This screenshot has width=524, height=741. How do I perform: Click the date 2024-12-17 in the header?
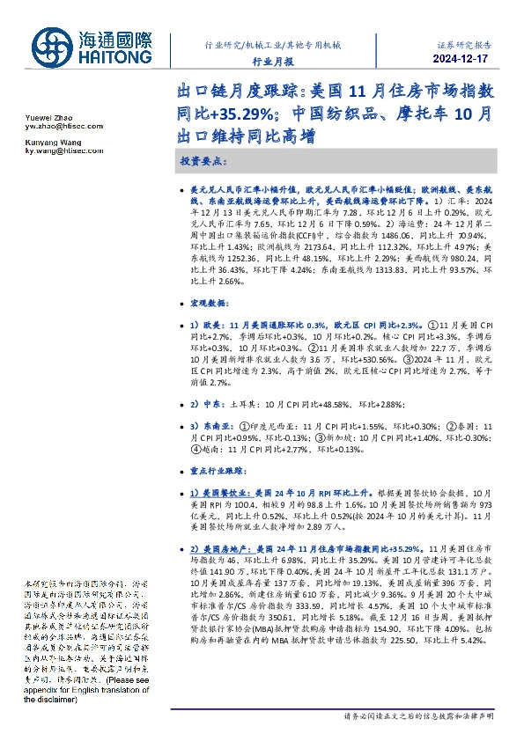pyautogui.click(x=461, y=58)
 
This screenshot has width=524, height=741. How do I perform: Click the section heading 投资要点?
pyautogui.click(x=204, y=163)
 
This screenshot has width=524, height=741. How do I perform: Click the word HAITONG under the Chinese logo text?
pyautogui.click(x=115, y=57)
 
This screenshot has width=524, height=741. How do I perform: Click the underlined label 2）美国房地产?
pyautogui.click(x=220, y=547)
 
